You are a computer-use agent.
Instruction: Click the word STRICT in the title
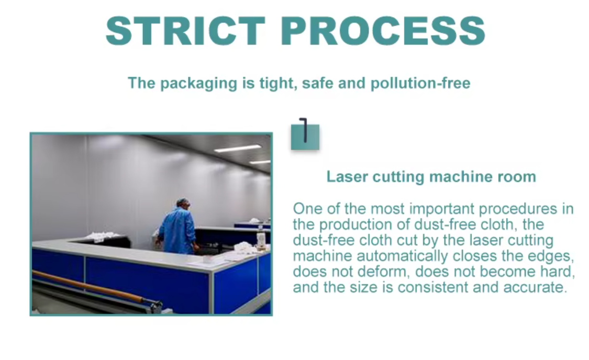[x=185, y=31]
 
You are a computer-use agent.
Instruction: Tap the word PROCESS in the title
[x=383, y=31]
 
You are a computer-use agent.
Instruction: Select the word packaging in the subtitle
[x=199, y=83]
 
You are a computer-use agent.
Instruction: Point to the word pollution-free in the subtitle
[x=420, y=83]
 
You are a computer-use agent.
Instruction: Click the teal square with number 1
[x=305, y=137]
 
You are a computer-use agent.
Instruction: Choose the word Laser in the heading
[x=347, y=176]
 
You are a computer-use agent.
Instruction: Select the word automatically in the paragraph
[x=402, y=256]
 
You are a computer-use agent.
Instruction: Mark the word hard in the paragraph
[x=558, y=272]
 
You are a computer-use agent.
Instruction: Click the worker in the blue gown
[x=178, y=227]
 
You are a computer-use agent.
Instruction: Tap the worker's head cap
[x=182, y=201]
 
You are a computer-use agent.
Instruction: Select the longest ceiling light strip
[x=238, y=149]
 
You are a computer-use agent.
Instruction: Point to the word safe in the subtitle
[x=318, y=83]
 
